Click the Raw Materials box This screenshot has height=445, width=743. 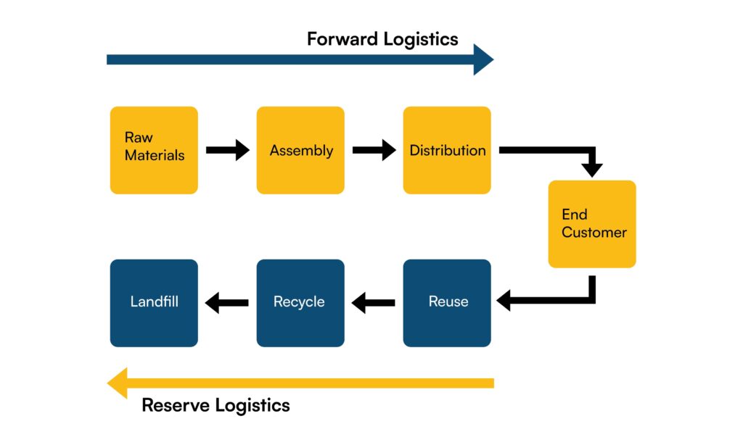pyautogui.click(x=154, y=150)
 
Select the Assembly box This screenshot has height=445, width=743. pyautogui.click(x=300, y=150)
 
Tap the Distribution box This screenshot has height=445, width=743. pyautogui.click(x=447, y=150)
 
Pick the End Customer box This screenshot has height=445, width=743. pyautogui.click(x=592, y=224)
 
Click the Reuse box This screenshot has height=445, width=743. pyautogui.click(x=447, y=302)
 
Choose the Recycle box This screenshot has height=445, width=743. pyautogui.click(x=300, y=302)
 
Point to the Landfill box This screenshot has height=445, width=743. pyautogui.click(x=154, y=302)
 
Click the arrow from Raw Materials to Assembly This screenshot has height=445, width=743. pyautogui.click(x=227, y=150)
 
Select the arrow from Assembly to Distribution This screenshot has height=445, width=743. pyautogui.click(x=374, y=150)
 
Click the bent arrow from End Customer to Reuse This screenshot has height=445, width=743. pyautogui.click(x=559, y=299)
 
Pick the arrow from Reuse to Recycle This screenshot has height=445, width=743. pyautogui.click(x=374, y=302)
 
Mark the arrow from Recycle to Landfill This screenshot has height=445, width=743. pyautogui.click(x=227, y=302)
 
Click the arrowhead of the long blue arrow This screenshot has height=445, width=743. pyautogui.click(x=483, y=59)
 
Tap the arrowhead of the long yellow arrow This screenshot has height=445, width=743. pyautogui.click(x=118, y=383)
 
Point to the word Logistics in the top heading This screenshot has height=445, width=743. pyautogui.click(x=422, y=39)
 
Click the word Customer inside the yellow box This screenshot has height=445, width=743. pyautogui.click(x=594, y=233)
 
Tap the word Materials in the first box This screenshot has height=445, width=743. pyautogui.click(x=155, y=155)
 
